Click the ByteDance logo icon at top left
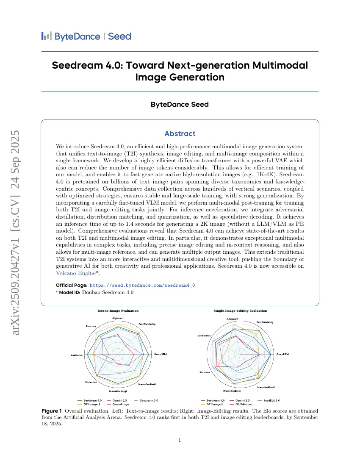point(46,36)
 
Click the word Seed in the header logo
point(119,36)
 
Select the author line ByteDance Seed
point(180,104)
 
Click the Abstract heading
point(180,133)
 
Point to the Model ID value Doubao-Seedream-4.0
point(108,292)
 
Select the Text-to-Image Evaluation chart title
point(118,311)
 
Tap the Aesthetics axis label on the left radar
point(76,355)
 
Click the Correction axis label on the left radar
point(91,382)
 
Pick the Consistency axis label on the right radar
point(204,336)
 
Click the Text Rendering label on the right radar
point(265,322)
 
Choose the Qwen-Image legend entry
point(121,404)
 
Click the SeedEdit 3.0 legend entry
point(271,400)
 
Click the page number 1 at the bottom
point(180,440)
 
